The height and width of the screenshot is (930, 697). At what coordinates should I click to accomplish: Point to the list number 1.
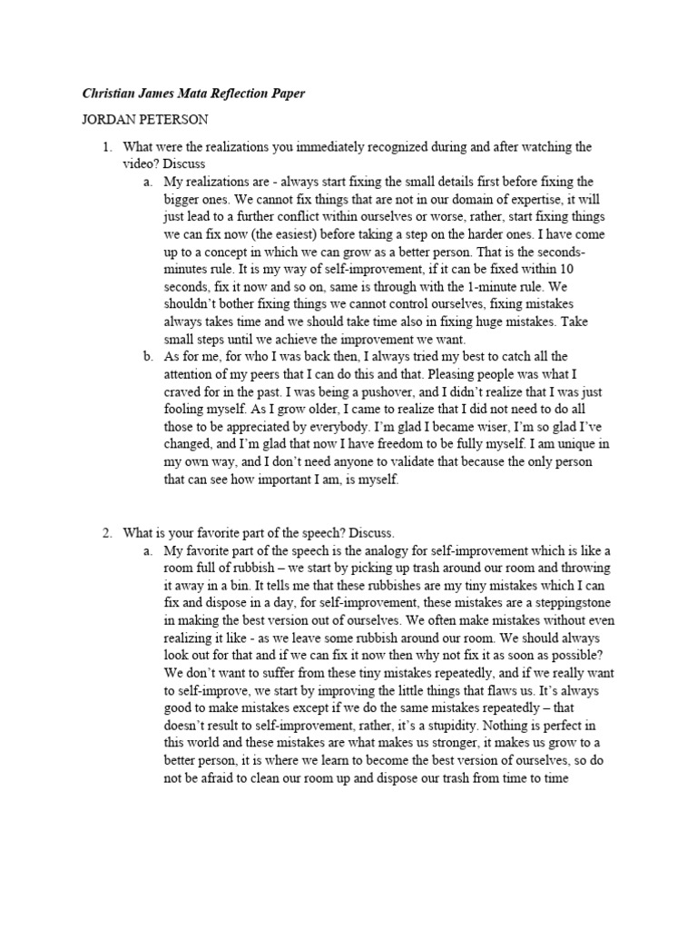point(105,146)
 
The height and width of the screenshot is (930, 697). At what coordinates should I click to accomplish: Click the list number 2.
point(105,532)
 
